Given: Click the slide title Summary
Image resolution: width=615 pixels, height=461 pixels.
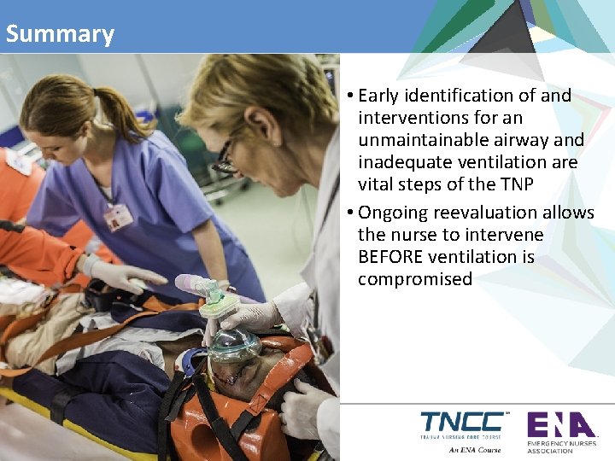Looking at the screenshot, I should pyautogui.click(x=59, y=34).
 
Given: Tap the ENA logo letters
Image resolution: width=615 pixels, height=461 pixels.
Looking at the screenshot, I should pyautogui.click(x=559, y=424).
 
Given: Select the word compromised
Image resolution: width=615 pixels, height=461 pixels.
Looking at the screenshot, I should pyautogui.click(x=415, y=279).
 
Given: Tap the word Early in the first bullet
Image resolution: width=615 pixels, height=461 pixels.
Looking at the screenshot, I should pyautogui.click(x=384, y=96).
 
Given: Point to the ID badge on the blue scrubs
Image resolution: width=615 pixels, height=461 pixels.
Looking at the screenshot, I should pyautogui.click(x=118, y=217).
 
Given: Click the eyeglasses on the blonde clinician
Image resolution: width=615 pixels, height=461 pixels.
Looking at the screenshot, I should pyautogui.click(x=225, y=159).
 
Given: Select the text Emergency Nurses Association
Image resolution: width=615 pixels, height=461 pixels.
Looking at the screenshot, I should pyautogui.click(x=561, y=446).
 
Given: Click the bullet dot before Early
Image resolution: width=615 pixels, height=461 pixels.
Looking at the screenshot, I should pyautogui.click(x=351, y=96).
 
